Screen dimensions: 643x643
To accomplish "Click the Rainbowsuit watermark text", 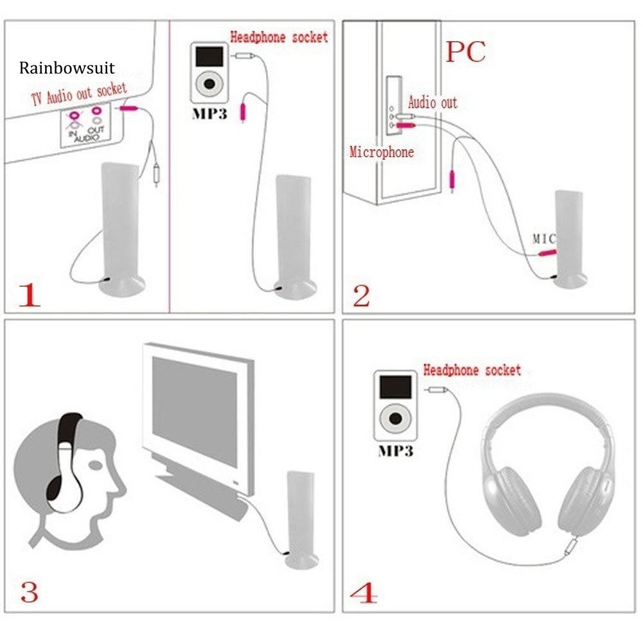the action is click(x=67, y=68).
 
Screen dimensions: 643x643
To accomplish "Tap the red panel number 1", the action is click(x=30, y=294).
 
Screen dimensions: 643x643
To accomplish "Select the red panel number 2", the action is click(x=361, y=295).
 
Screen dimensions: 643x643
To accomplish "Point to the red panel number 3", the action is click(x=29, y=592).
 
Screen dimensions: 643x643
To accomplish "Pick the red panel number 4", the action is click(x=364, y=592).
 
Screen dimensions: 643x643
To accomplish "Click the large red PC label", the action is click(x=466, y=51).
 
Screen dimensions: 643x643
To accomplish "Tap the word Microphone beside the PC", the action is click(x=382, y=152).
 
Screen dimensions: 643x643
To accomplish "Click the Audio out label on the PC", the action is click(x=433, y=102).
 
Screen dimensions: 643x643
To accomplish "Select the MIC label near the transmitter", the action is click(x=544, y=238).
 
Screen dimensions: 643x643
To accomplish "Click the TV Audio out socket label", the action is click(x=79, y=94).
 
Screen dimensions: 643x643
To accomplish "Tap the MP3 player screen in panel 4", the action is click(x=395, y=387).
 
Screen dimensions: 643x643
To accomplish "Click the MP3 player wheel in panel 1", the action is click(x=209, y=84).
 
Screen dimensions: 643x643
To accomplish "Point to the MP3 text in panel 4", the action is click(x=395, y=451).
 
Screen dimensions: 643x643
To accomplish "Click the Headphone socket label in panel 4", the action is click(x=472, y=370).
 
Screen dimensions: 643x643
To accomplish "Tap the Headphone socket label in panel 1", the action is click(x=279, y=37).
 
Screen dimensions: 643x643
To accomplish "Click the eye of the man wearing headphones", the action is click(x=95, y=466).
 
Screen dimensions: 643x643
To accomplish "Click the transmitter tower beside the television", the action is click(x=301, y=520).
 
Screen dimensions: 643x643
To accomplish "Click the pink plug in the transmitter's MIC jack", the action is click(x=547, y=253).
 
